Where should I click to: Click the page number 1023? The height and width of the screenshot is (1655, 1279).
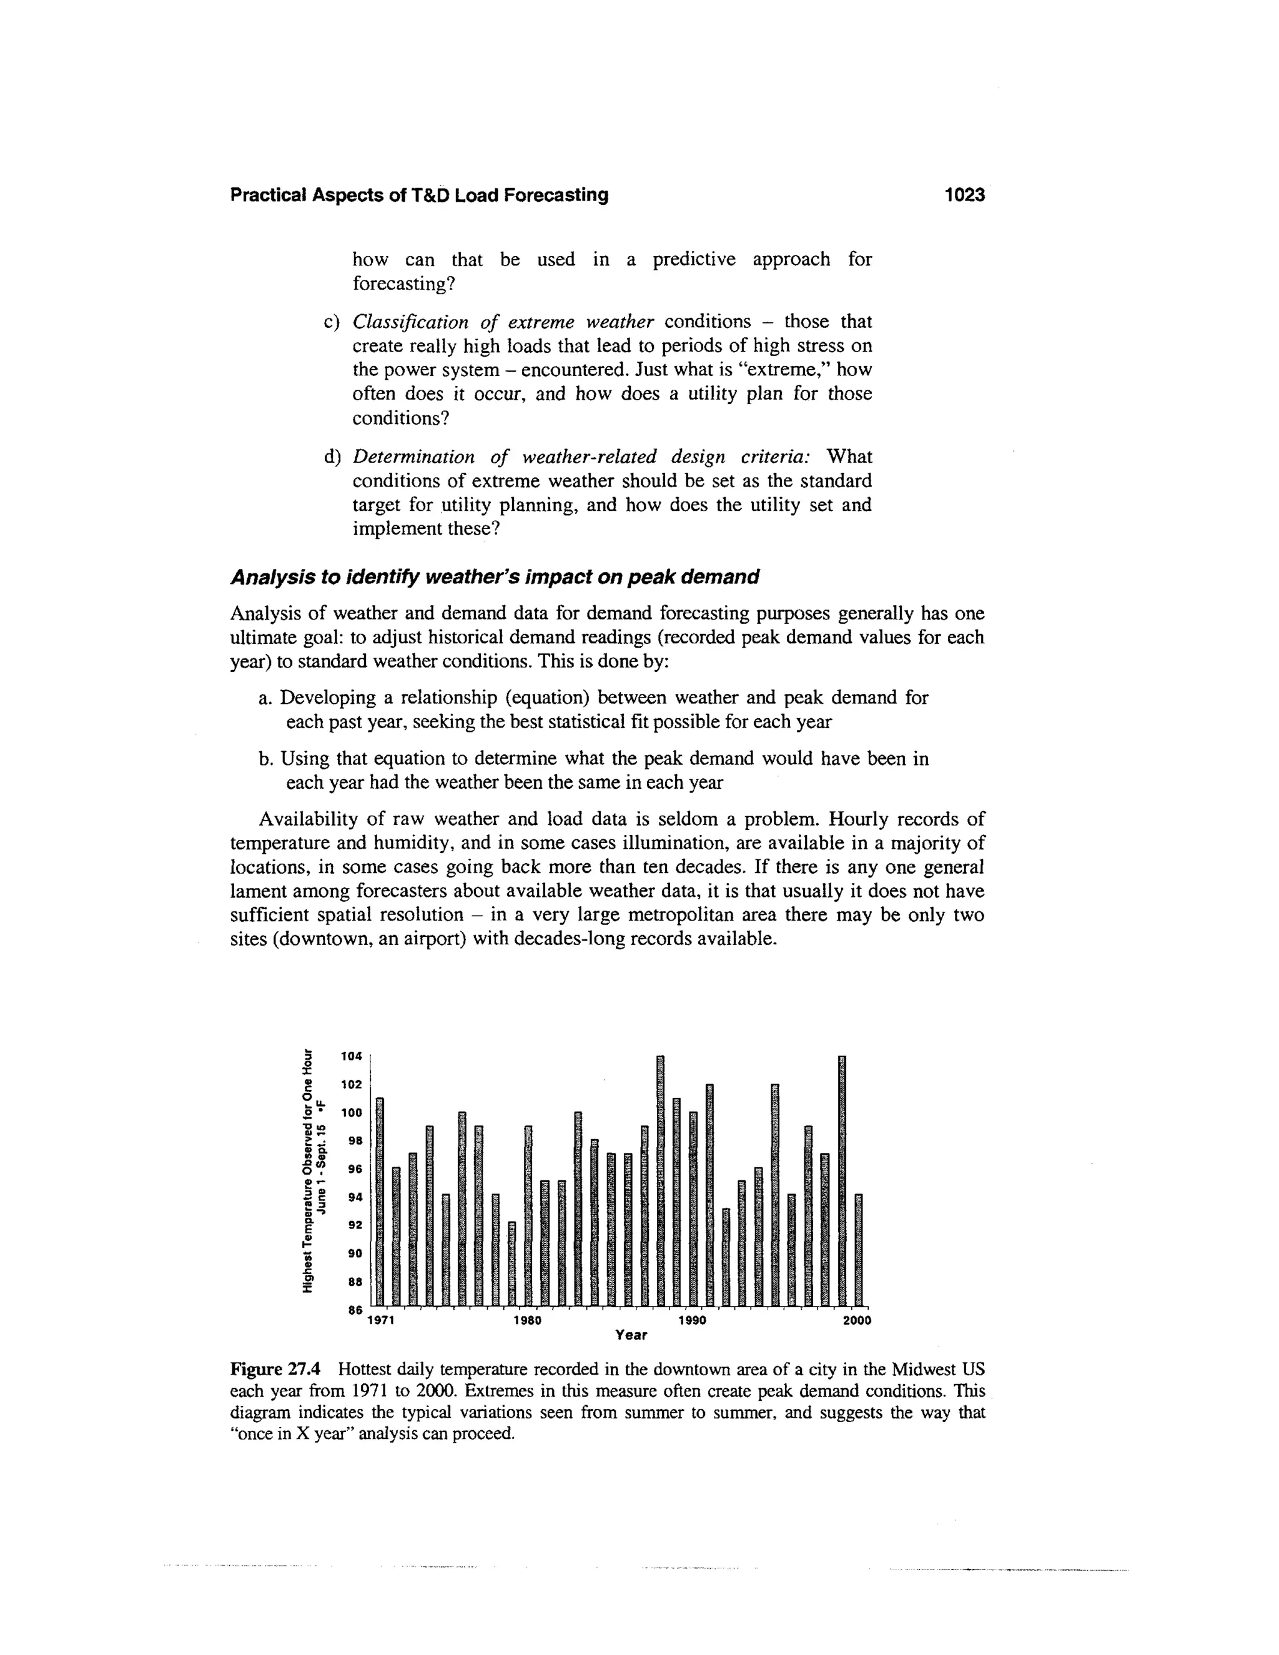964,195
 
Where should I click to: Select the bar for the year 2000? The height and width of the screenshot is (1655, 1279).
859,1250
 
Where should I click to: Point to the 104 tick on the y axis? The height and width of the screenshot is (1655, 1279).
352,1055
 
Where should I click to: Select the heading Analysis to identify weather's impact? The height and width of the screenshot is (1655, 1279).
494,578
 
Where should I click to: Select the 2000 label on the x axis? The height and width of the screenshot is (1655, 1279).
857,1320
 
